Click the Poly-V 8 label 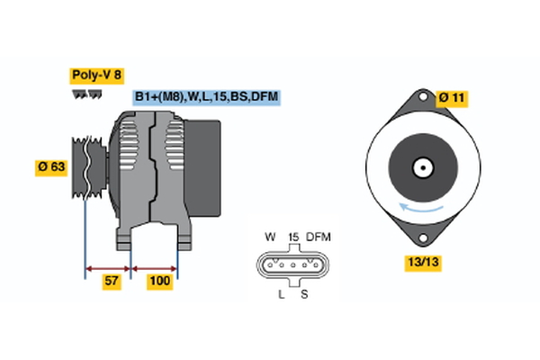tap(96, 76)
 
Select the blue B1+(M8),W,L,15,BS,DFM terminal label tap(206, 96)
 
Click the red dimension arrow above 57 tap(108, 267)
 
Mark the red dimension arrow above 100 tap(155, 267)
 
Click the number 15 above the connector tap(292, 238)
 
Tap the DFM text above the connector tap(319, 238)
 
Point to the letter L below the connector tap(282, 294)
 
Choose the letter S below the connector tap(303, 294)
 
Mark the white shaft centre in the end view tap(420, 167)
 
